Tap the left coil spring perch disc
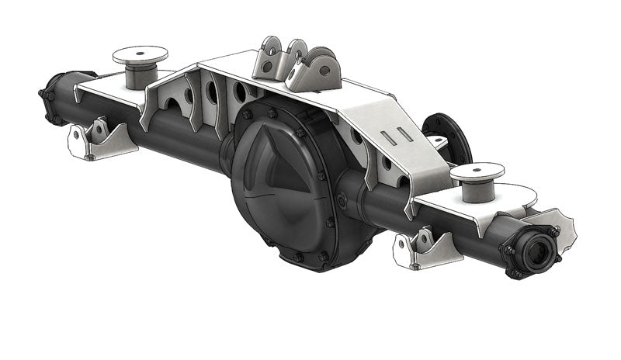point(140,55)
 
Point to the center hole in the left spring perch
point(140,54)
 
